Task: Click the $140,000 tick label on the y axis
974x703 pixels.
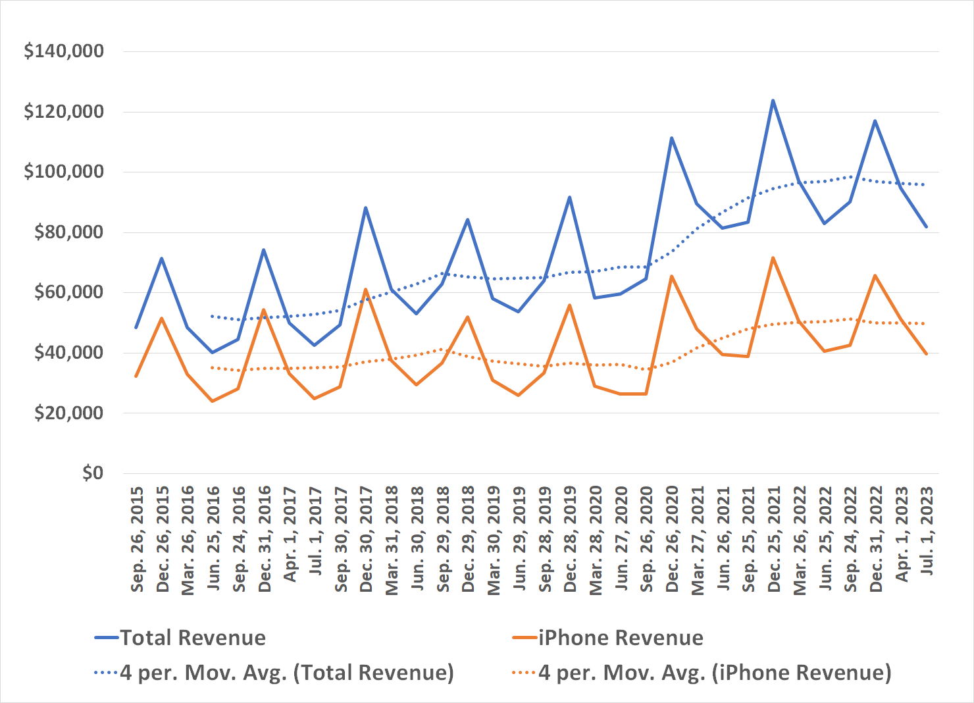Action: point(64,51)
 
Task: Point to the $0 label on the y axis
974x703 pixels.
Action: point(93,473)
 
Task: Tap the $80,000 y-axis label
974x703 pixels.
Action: point(68,232)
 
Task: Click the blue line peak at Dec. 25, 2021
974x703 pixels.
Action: point(773,101)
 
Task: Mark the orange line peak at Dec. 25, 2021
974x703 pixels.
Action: point(773,258)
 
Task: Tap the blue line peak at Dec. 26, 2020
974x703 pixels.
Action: point(671,138)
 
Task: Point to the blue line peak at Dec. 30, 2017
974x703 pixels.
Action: point(365,208)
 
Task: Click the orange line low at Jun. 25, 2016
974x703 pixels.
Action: point(212,401)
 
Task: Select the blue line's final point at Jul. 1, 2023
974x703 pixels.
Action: point(926,226)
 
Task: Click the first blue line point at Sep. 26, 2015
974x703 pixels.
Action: point(136,327)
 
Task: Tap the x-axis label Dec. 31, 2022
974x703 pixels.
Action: point(876,539)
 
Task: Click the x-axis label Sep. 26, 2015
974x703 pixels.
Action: point(137,539)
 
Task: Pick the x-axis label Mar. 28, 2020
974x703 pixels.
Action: point(596,539)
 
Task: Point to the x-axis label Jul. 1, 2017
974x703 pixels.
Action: point(315,531)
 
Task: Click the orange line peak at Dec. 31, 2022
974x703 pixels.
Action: point(875,275)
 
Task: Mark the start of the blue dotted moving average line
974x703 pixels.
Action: point(212,316)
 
